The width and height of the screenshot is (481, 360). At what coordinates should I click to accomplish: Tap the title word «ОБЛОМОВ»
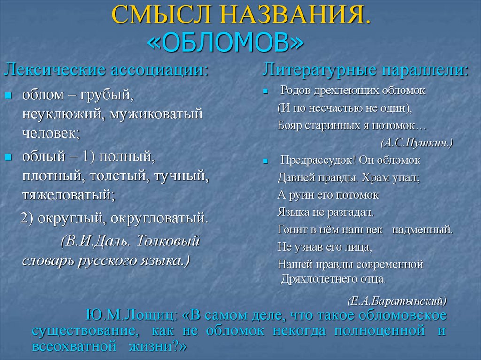coord(225,43)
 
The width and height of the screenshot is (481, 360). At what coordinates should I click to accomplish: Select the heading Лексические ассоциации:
coord(106,70)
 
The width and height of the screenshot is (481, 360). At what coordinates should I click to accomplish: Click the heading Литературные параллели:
coord(365,70)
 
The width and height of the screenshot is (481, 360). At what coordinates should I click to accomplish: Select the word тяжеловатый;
coord(68,194)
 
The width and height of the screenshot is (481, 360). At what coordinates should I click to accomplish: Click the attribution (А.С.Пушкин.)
coord(417,142)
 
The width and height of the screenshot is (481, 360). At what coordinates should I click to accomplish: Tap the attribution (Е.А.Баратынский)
coord(397,300)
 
